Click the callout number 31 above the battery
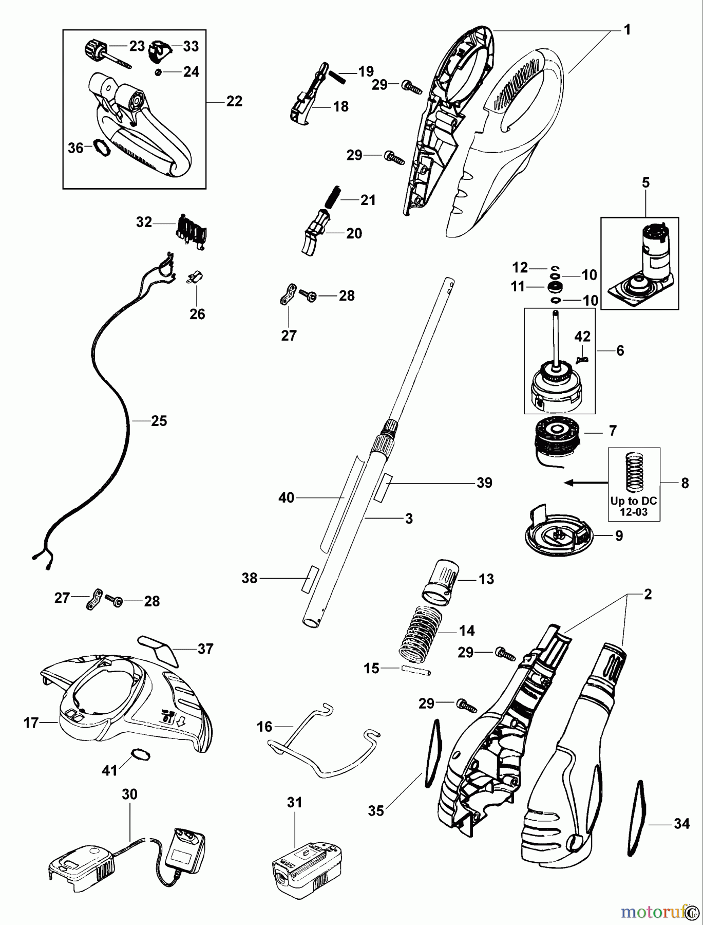(x=295, y=802)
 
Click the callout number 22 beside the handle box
(x=234, y=101)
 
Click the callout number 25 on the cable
(x=159, y=421)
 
